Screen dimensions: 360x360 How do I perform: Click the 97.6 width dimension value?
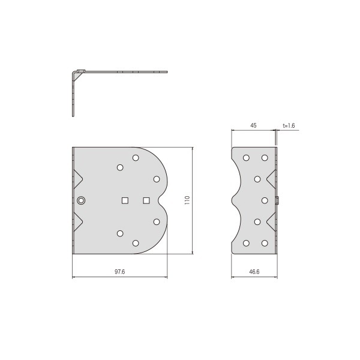(x=119, y=272)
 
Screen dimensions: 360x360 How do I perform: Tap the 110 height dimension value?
(x=187, y=200)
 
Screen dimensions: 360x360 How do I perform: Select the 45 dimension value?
(x=253, y=125)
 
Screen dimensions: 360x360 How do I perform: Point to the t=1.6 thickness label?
(x=289, y=125)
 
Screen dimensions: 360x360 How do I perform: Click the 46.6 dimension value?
(x=254, y=272)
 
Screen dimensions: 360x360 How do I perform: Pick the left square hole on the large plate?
(x=125, y=200)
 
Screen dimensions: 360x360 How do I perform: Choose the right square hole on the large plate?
(x=146, y=200)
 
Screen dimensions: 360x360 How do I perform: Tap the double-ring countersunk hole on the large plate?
(x=81, y=200)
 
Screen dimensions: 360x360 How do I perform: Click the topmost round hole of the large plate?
(x=136, y=158)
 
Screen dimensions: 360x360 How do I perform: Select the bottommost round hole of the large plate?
(x=136, y=243)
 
